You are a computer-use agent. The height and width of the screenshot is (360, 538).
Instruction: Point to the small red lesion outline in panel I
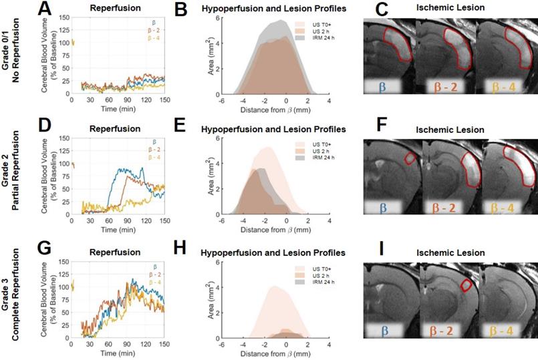pyautogui.click(x=468, y=285)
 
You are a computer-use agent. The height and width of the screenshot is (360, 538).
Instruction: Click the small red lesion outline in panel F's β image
pyautogui.click(x=408, y=158)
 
